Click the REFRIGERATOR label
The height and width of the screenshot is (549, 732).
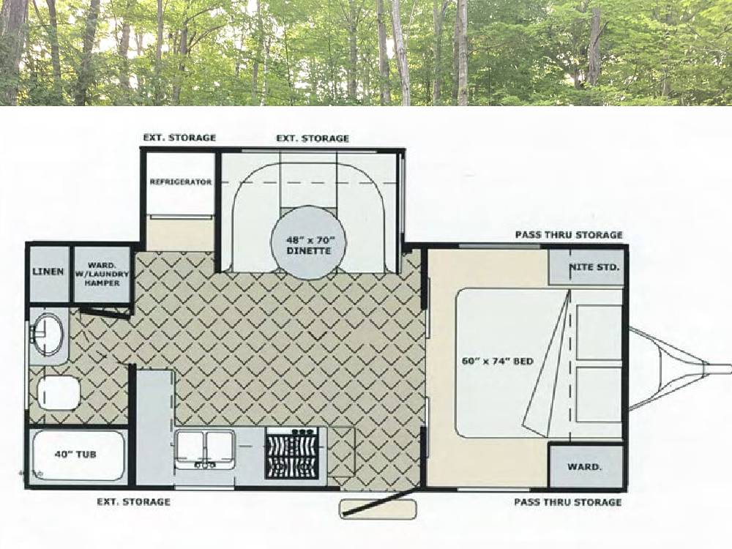pos(180,182)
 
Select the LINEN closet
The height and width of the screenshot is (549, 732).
pos(48,274)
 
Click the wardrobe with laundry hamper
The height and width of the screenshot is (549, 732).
pos(102,274)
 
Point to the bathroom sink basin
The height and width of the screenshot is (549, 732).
pos(47,334)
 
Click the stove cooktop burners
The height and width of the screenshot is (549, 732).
pos(292,454)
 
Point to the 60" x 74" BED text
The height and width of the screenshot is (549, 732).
pos(497,361)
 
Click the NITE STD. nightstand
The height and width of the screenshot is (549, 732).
pos(586,267)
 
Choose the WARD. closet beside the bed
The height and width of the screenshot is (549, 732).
pos(586,467)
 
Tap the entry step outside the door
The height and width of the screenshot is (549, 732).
pos(378,509)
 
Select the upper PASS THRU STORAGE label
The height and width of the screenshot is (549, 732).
pos(569,235)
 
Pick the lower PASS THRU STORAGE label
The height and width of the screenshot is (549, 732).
pos(568,502)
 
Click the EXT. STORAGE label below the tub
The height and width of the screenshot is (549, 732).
pos(133,502)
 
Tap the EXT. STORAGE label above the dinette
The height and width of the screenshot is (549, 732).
pos(313,138)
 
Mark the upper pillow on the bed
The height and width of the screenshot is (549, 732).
pos(599,332)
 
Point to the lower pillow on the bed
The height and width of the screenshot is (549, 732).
pos(599,395)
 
